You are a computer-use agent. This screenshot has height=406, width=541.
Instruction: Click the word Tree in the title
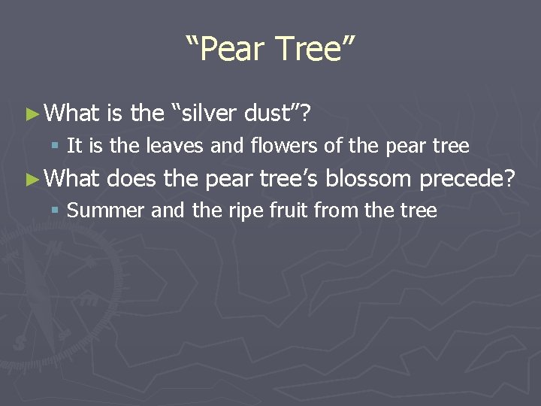(x=310, y=50)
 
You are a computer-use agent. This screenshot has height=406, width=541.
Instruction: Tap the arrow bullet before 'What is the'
(x=31, y=114)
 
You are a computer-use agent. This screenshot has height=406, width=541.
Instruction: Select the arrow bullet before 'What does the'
(x=31, y=178)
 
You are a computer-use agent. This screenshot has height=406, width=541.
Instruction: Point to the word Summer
(x=105, y=210)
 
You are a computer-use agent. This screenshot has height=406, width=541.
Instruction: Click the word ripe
(x=244, y=211)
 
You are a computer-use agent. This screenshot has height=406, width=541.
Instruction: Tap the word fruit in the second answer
(x=289, y=210)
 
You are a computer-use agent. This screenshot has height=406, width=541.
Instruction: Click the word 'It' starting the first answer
(x=74, y=145)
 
